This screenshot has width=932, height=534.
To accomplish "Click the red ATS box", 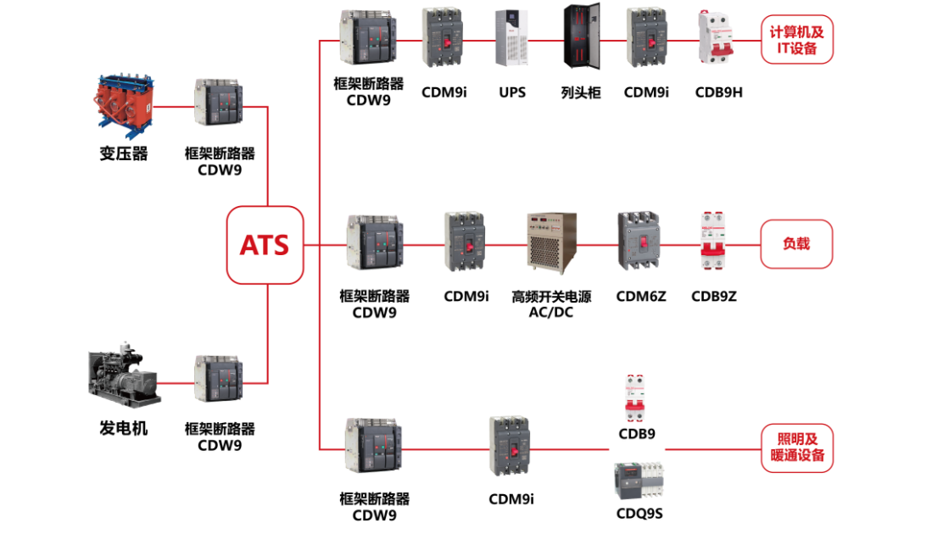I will click(265, 245).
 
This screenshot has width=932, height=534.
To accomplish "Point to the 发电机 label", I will click(124, 428).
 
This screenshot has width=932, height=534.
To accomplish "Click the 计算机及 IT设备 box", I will click(796, 40).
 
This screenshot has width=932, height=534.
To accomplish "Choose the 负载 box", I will click(796, 244).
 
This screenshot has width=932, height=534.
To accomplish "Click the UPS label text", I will click(512, 92).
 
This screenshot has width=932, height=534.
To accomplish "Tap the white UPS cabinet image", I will click(511, 38).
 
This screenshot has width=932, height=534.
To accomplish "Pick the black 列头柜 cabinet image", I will click(581, 38).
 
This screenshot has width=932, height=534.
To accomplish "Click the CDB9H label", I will click(718, 92).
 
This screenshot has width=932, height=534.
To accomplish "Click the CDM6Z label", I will click(641, 296).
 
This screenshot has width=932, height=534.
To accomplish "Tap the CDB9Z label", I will click(714, 296).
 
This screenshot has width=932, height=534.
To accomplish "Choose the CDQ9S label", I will click(639, 513).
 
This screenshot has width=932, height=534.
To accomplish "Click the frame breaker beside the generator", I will click(219, 378).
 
